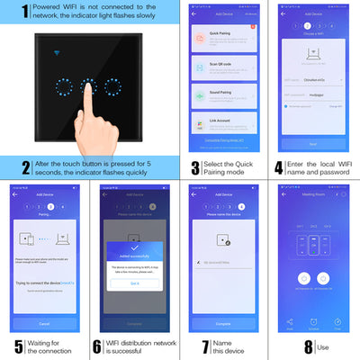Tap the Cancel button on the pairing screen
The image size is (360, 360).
coord(44,322)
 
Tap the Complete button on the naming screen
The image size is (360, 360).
coord(223,322)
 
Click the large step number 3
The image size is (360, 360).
coord(194,167)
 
